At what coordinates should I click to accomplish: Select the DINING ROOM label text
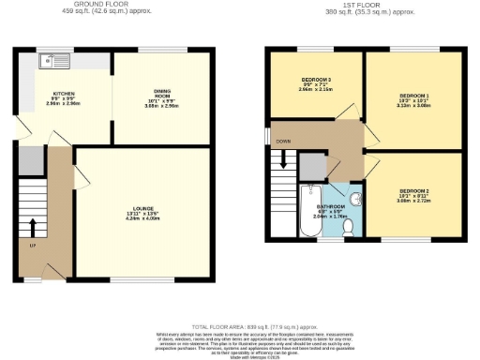click(x=162, y=93)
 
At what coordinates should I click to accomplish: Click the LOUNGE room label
click(x=142, y=208)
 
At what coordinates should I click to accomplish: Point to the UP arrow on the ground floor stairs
click(x=34, y=228)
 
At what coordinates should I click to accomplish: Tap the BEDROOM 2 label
click(x=413, y=192)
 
